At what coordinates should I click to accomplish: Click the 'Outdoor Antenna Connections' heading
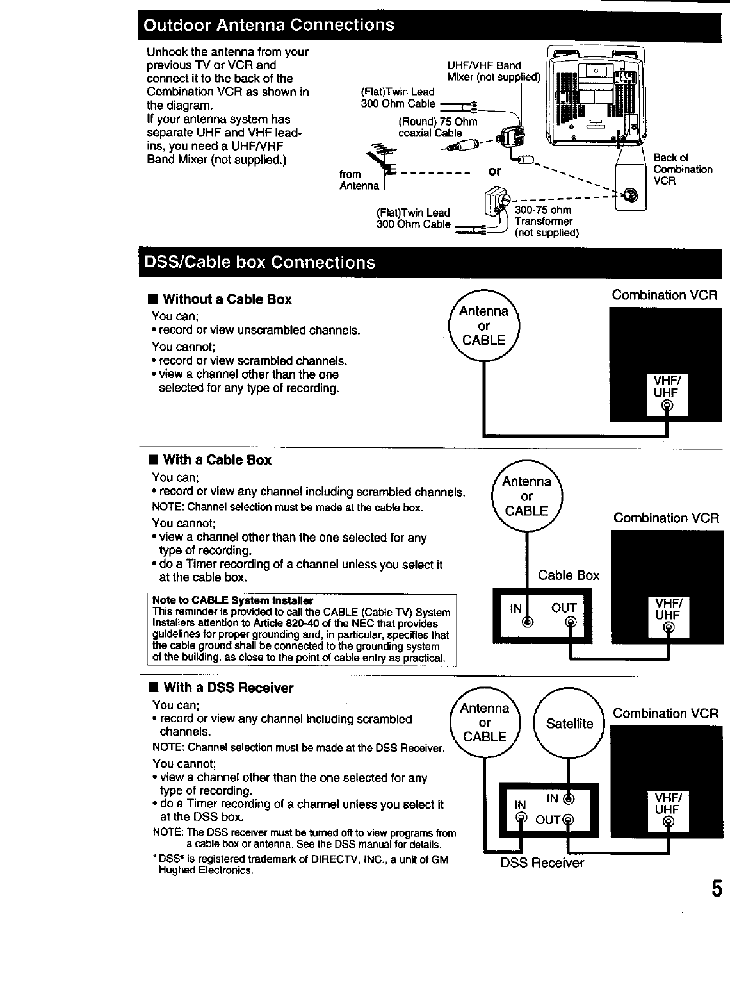(269, 26)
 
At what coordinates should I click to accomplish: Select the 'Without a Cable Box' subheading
(227, 299)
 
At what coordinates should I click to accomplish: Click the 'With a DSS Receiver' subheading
(228, 688)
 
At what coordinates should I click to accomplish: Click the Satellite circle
(569, 723)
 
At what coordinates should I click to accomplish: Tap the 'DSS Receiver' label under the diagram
(542, 863)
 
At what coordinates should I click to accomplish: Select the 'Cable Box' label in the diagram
(569, 575)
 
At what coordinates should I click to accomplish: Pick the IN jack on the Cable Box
(526, 622)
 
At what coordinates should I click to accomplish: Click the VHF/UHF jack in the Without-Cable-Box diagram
(667, 406)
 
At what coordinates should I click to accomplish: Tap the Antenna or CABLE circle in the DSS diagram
(485, 722)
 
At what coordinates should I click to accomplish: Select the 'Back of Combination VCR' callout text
(682, 169)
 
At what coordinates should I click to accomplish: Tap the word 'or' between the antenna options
(494, 172)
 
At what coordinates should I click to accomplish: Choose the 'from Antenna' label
(359, 180)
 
